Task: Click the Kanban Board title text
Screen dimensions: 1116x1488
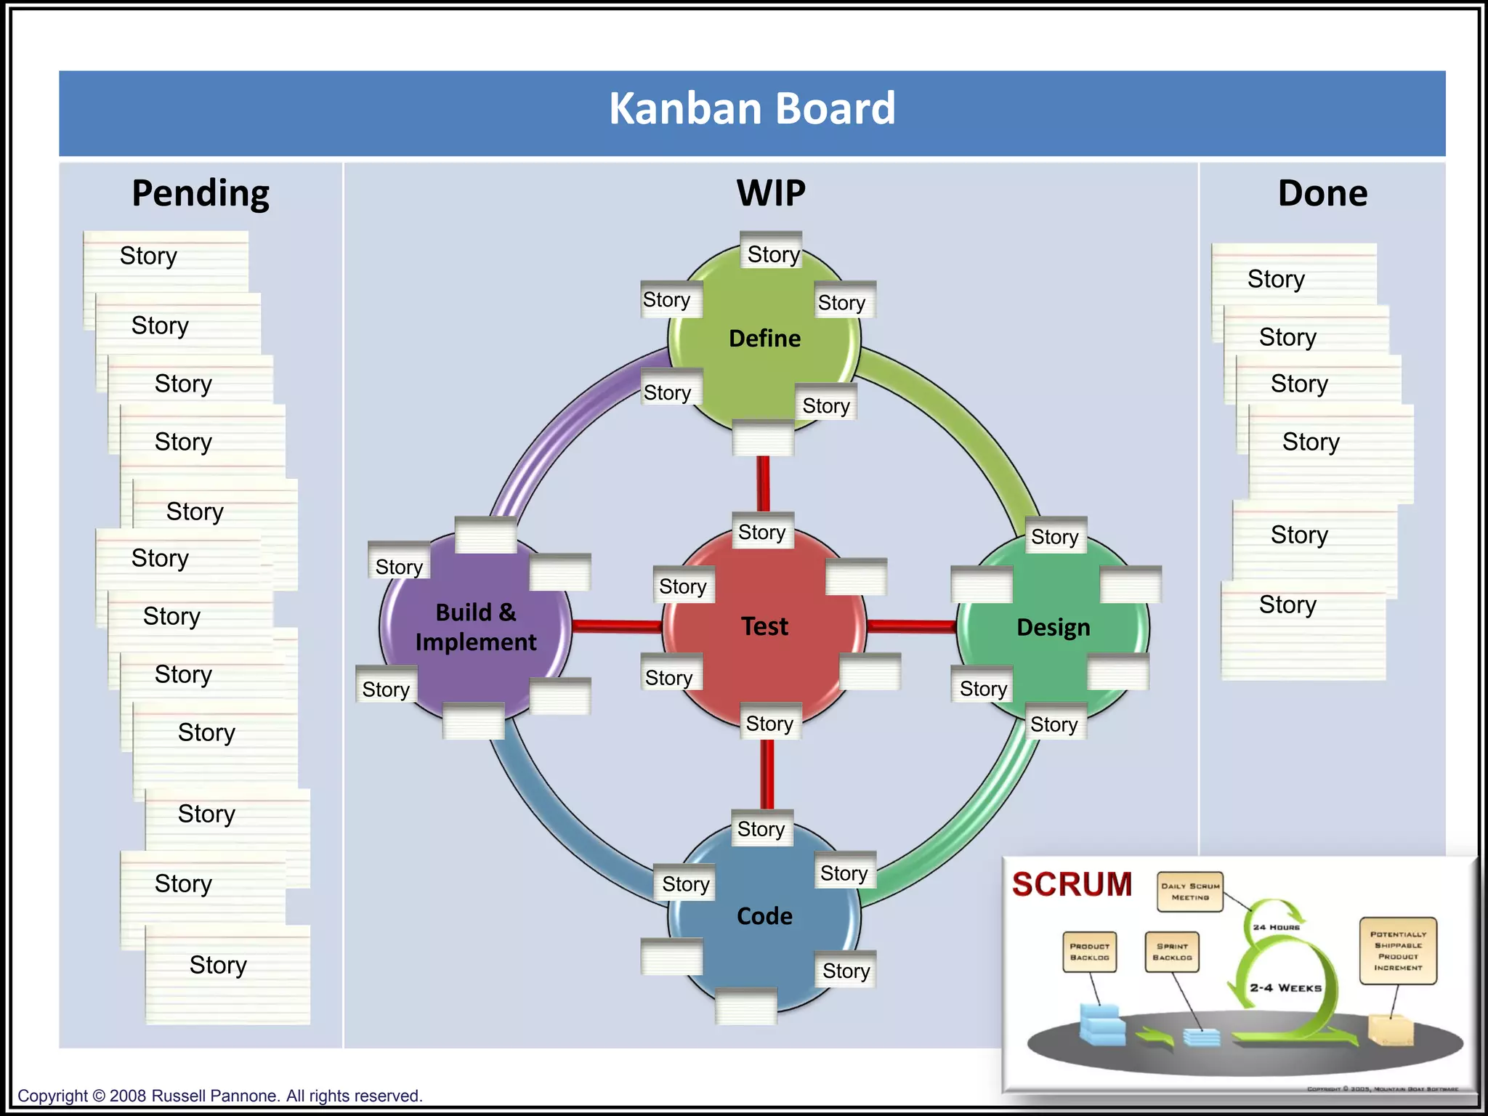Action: click(752, 109)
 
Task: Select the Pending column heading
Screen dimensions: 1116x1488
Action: click(201, 193)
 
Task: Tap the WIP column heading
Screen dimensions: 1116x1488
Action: click(771, 193)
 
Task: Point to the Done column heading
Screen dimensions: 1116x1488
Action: click(1322, 193)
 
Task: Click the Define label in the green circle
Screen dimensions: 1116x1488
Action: click(764, 339)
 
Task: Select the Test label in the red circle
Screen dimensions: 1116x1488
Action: click(764, 626)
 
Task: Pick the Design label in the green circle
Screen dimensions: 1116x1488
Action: click(1053, 627)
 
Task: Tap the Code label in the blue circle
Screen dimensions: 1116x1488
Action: click(764, 916)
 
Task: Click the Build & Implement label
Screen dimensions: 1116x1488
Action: click(476, 627)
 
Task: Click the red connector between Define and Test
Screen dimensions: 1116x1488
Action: click(763, 483)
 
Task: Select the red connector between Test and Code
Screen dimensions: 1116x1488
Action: click(767, 774)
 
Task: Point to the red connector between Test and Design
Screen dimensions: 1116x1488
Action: click(911, 626)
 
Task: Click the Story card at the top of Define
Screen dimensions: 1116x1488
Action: click(772, 253)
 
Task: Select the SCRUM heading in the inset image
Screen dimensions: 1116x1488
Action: click(1072, 884)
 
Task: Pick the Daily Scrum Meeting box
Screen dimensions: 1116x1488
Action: click(1190, 891)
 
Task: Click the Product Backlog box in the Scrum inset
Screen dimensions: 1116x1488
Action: click(1089, 952)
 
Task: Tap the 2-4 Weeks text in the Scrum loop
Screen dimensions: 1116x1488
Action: click(1285, 988)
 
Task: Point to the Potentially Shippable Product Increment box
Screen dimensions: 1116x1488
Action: click(1398, 950)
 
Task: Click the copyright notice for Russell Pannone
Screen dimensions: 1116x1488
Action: click(219, 1096)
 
